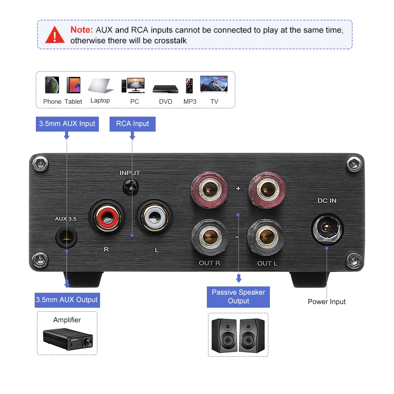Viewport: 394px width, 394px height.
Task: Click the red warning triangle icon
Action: point(55,35)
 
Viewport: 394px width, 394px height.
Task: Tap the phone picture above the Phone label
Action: point(52,85)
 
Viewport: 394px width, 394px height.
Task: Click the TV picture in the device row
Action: point(214,84)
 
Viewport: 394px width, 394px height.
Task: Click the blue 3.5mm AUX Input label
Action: point(67,124)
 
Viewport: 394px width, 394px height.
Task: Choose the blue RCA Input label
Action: point(132,124)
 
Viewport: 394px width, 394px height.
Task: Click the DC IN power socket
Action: point(327,228)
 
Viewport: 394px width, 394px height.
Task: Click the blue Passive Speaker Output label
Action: point(238,297)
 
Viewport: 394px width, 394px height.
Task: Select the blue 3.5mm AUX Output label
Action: point(67,300)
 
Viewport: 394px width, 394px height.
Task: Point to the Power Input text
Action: point(327,302)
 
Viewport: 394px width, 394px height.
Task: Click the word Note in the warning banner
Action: point(82,30)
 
